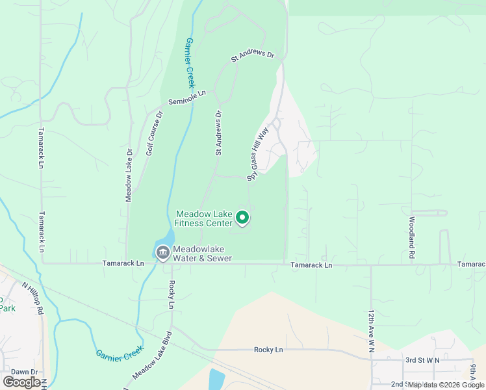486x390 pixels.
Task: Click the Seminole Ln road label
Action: [x=187, y=97]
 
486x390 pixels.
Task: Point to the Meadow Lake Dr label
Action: [x=129, y=175]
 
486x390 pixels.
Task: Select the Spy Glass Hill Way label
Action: [x=257, y=154]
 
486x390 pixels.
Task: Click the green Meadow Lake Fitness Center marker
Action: [x=243, y=218]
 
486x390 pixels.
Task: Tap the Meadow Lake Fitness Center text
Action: [x=204, y=218]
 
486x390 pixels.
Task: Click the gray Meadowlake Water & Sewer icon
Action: [x=162, y=252]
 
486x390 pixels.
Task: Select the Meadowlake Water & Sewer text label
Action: [x=202, y=253]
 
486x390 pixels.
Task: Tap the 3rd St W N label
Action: [x=422, y=359]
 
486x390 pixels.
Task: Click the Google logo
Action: [x=21, y=382]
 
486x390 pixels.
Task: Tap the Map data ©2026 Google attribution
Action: [x=445, y=385]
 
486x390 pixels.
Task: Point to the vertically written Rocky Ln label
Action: [x=172, y=294]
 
